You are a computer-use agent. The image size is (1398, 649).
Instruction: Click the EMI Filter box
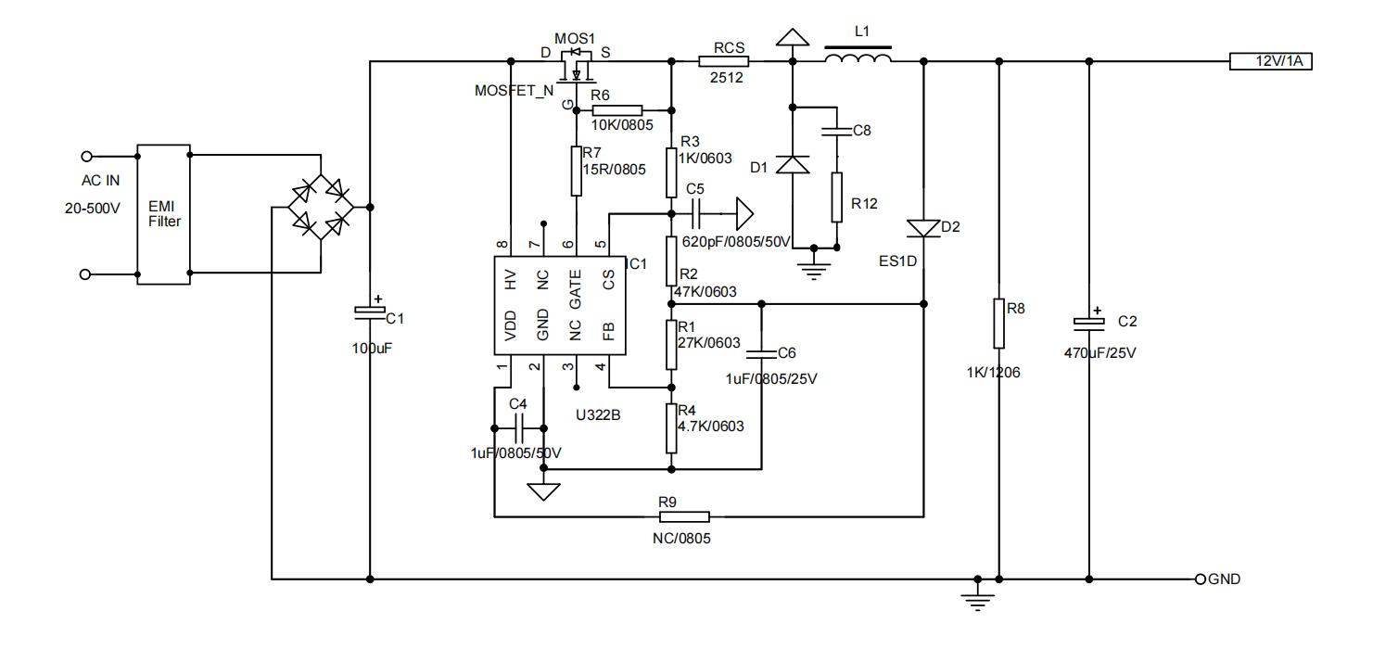[163, 213]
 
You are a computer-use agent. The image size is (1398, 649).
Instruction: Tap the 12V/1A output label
[1270, 62]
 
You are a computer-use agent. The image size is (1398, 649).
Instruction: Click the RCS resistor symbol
[723, 62]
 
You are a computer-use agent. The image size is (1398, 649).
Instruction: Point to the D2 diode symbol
[924, 228]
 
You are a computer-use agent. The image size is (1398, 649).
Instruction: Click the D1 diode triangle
[793, 165]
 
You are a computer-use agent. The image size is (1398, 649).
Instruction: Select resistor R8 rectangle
[998, 323]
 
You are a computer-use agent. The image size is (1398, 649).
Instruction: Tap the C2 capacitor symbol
[1090, 322]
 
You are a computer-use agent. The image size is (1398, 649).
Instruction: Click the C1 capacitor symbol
[370, 312]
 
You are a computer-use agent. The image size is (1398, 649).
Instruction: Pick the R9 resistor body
[683, 516]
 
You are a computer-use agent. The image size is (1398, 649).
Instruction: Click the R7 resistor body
[577, 170]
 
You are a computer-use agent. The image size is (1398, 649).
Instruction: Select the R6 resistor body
[616, 109]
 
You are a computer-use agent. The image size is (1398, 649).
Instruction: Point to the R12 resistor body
[837, 197]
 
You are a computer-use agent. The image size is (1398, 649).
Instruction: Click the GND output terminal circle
[1201, 579]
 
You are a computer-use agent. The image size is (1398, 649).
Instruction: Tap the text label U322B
[598, 415]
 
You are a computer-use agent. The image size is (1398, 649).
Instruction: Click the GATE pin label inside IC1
[576, 288]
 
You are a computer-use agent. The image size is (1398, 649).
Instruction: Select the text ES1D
[898, 261]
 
